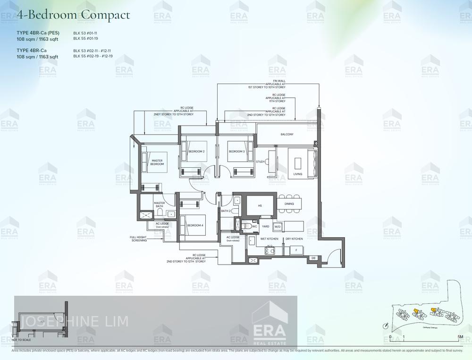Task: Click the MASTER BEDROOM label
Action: [x=157, y=162]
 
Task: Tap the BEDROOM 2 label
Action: [x=196, y=151]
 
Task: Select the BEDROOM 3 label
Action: [x=236, y=151]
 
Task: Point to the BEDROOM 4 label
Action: [x=195, y=225]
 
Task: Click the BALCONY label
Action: [x=287, y=135]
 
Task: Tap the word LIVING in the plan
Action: [x=297, y=174]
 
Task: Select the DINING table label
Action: [x=289, y=204]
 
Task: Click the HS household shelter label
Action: [x=260, y=206]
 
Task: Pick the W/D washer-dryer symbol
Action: [x=277, y=227]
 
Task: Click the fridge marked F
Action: [x=296, y=249]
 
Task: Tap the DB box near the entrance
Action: [x=313, y=258]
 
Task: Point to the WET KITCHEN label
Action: [x=270, y=239]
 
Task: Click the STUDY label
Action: [x=261, y=162]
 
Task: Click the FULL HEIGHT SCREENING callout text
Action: [x=139, y=239]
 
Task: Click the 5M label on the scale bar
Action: [x=460, y=337]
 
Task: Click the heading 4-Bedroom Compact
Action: [x=73, y=15]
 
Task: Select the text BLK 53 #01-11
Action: [x=85, y=33]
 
